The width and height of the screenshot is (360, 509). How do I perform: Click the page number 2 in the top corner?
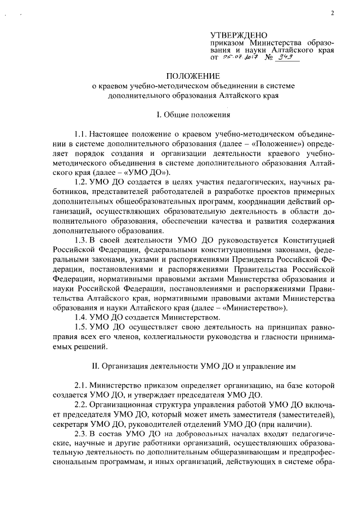[333, 11]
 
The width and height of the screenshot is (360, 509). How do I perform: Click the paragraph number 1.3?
[81, 240]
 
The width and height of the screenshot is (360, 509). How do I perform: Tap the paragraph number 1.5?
[81, 327]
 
